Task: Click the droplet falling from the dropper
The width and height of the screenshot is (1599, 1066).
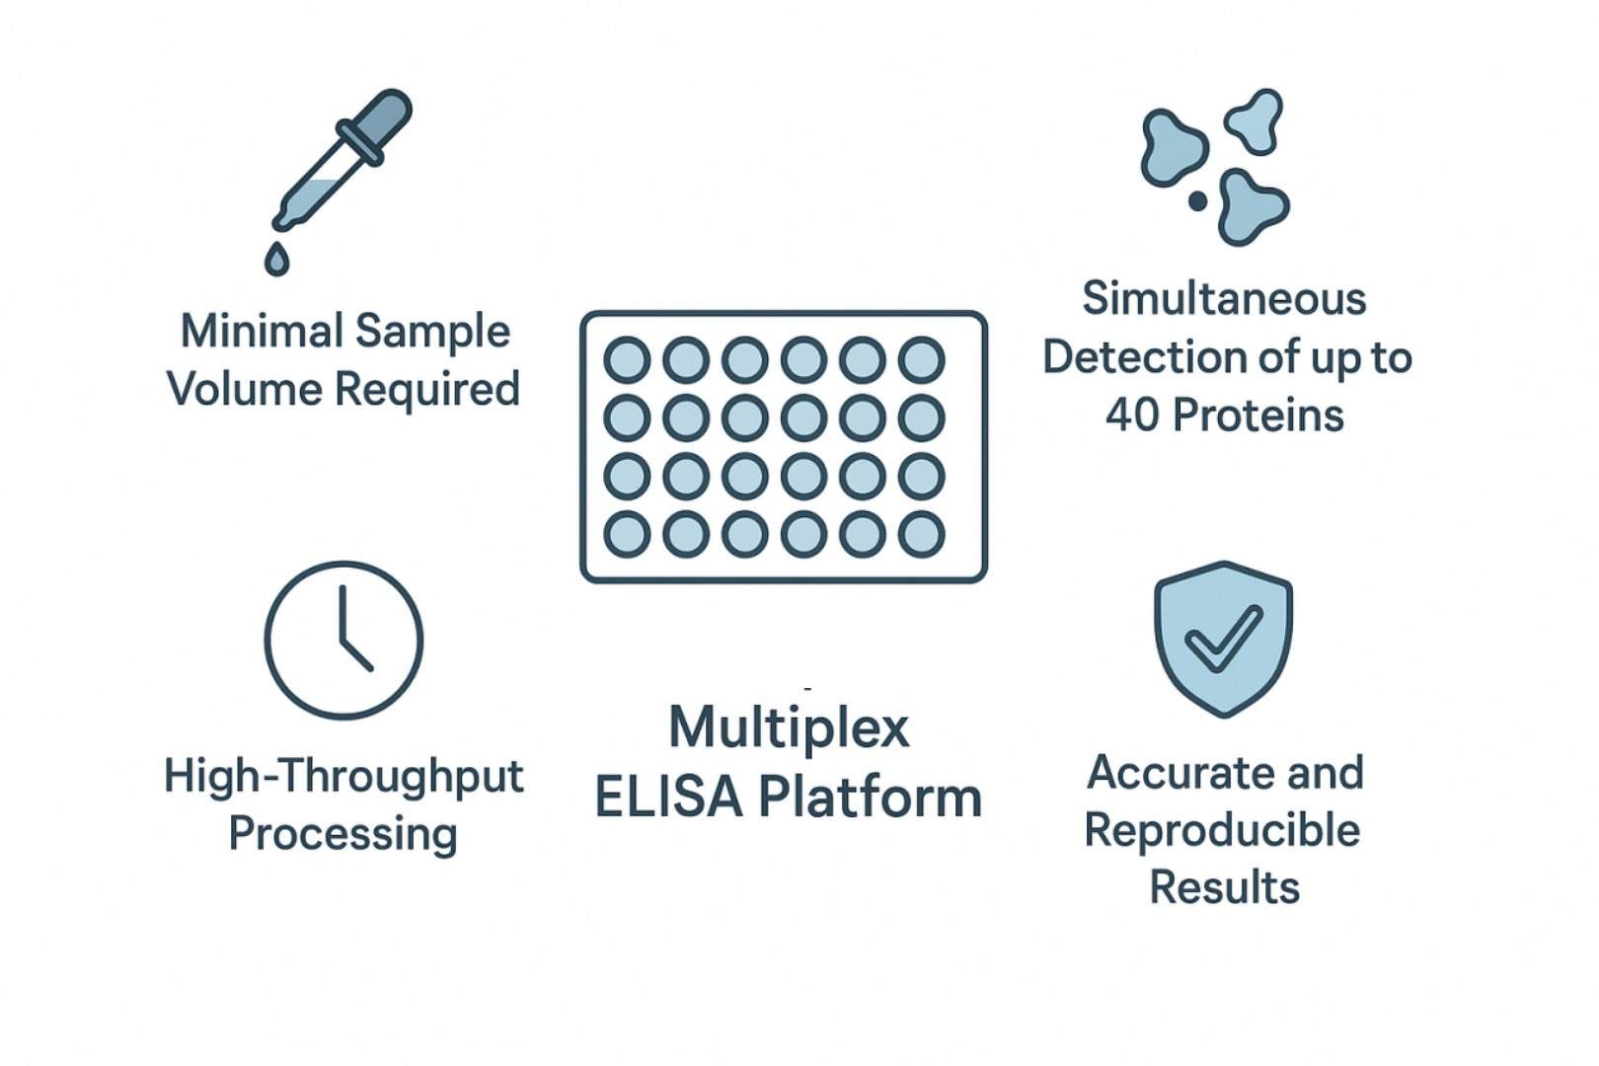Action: tap(277, 259)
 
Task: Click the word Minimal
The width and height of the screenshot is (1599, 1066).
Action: tap(262, 331)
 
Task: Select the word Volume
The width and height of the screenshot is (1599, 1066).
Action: tap(245, 388)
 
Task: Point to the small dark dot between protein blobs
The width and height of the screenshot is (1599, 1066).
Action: tap(1197, 201)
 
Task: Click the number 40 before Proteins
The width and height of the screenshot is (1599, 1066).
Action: tap(1132, 416)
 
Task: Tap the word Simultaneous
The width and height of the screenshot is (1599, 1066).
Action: tap(1224, 298)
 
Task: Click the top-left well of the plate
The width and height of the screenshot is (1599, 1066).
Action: tap(627, 359)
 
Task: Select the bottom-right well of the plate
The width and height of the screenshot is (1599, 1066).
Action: tap(922, 534)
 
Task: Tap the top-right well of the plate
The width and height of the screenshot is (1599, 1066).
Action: tap(922, 359)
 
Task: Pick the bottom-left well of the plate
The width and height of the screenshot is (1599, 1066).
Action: tap(627, 534)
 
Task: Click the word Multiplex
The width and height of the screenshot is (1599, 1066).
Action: tap(789, 728)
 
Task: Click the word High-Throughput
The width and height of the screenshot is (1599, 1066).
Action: tap(343, 776)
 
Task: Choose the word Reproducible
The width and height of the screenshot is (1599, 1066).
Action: tap(1222, 830)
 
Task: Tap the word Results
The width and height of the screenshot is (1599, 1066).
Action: tap(1224, 886)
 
